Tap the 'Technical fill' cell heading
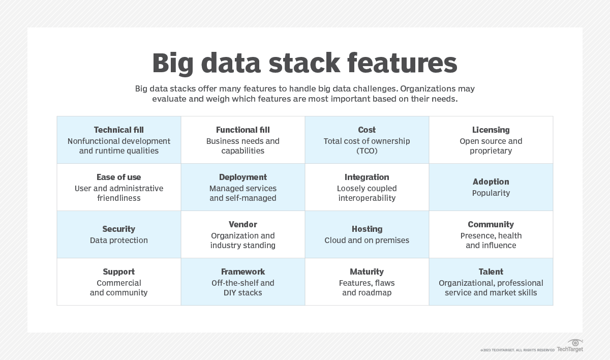[118, 130]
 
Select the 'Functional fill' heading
[242, 130]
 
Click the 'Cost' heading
[367, 130]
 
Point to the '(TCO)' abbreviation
[367, 151]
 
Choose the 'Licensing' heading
[491, 130]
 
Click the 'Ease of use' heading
[118, 177]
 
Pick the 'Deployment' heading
[242, 177]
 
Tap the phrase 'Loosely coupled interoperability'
[367, 193]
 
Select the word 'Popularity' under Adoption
[491, 193]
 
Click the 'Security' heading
[118, 229]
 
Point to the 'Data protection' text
[118, 241]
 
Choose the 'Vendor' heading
[242, 225]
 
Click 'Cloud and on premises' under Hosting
[367, 241]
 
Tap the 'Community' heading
[491, 225]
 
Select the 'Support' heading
[118, 272]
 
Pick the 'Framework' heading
[242, 272]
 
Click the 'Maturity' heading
[367, 272]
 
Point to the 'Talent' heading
[491, 272]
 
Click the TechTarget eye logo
[575, 343]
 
